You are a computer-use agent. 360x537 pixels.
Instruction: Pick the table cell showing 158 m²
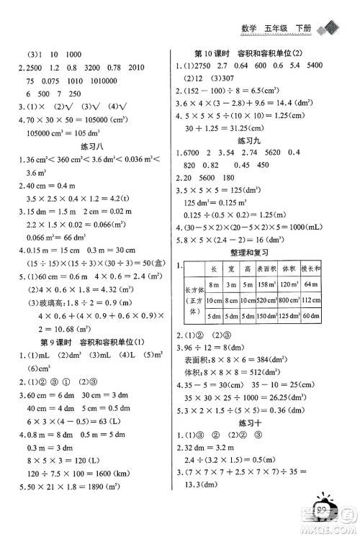pos(270,285)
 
